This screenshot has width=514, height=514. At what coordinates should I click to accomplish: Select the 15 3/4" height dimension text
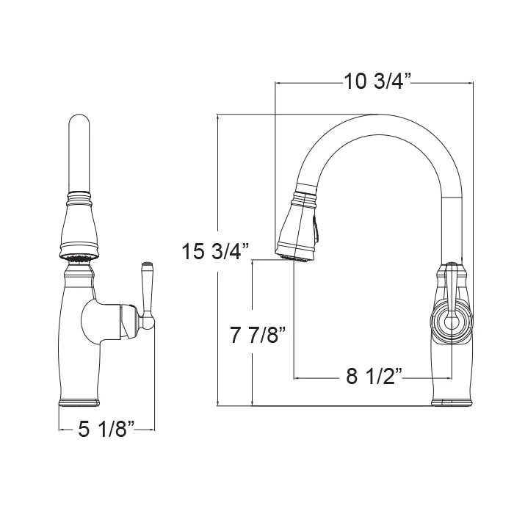(x=216, y=251)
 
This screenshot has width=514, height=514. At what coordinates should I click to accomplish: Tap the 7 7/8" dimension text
(x=258, y=335)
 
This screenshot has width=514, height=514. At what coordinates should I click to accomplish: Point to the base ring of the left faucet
(x=79, y=402)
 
